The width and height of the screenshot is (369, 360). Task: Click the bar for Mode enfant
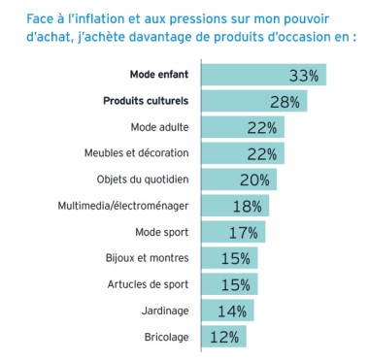(262, 75)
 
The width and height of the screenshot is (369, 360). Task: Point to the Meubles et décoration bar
(242, 153)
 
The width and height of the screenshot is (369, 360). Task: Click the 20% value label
(253, 180)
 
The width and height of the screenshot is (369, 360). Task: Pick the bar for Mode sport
(232, 232)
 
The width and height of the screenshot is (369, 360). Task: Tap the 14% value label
(231, 311)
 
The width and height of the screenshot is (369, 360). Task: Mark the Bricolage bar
(222, 337)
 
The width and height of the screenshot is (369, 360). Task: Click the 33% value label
(304, 75)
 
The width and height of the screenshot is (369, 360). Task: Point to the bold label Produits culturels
(146, 101)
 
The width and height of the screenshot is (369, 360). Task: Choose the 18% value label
(247, 206)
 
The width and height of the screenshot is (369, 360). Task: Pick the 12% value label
(223, 337)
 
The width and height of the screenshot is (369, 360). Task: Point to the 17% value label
(243, 232)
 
